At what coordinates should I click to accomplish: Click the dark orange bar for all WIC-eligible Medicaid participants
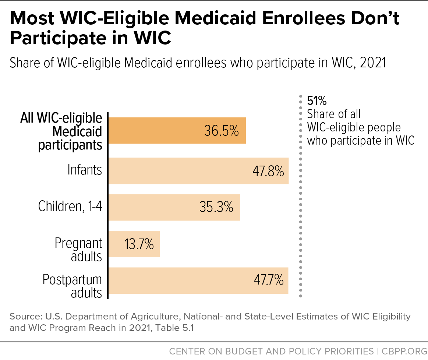click(x=177, y=130)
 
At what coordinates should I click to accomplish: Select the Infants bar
click(x=198, y=171)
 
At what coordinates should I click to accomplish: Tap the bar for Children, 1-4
click(x=174, y=208)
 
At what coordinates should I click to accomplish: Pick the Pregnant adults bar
click(x=134, y=244)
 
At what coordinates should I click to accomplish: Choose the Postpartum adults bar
click(x=198, y=280)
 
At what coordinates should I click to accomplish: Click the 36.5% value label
click(x=222, y=131)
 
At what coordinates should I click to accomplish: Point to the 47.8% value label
click(x=268, y=171)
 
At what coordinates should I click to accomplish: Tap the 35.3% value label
click(x=216, y=207)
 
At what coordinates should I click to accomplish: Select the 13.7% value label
click(x=139, y=244)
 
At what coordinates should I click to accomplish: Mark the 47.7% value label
click(x=269, y=280)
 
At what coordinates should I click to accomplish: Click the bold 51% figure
click(x=316, y=101)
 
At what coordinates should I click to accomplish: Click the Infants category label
click(x=85, y=170)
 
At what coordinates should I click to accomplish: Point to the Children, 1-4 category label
click(x=70, y=207)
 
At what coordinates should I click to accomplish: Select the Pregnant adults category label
click(x=78, y=250)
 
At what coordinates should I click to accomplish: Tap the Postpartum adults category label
click(x=72, y=286)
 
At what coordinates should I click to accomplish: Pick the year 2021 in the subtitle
click(x=373, y=63)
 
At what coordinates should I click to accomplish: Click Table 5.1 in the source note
click(x=175, y=328)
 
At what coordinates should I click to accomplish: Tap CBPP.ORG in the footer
click(x=404, y=351)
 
